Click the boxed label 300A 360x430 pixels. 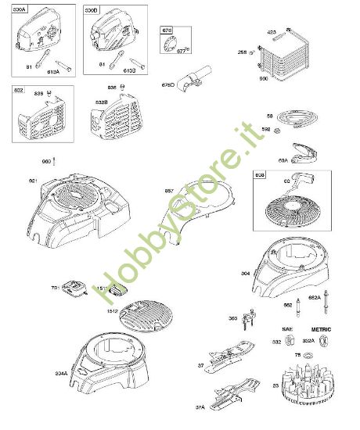tap(16, 11)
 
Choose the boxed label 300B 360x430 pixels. tap(92, 11)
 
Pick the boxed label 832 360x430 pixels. tap(17, 91)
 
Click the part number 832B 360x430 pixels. tap(102, 102)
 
